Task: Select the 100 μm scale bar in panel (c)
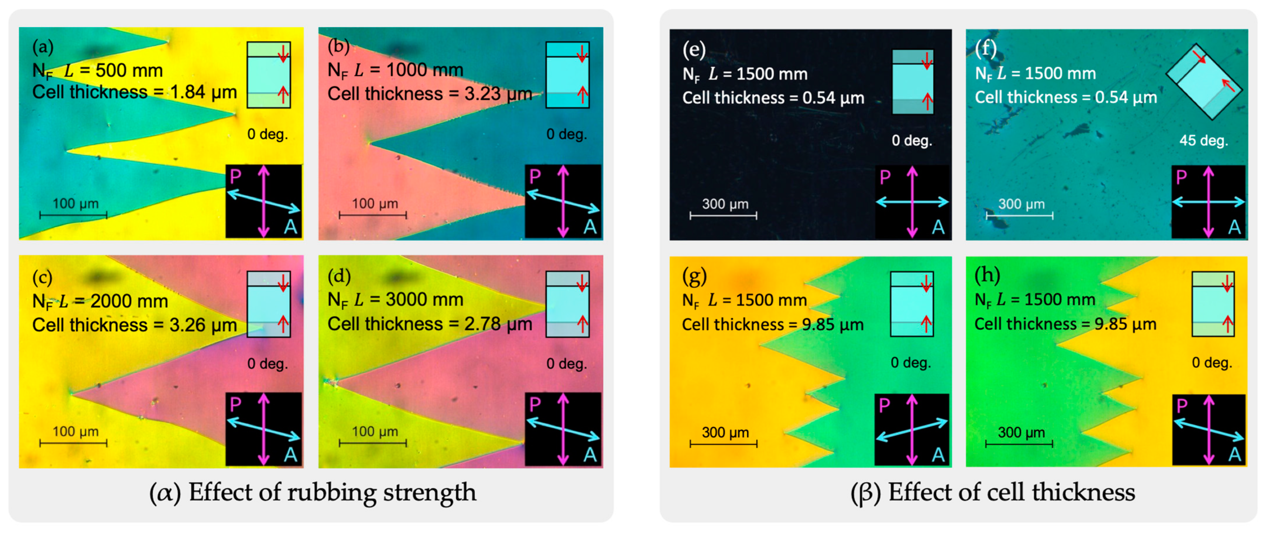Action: tap(73, 443)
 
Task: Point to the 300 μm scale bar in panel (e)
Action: tap(723, 215)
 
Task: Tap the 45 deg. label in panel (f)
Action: tap(1203, 141)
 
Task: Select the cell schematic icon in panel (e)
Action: tap(913, 82)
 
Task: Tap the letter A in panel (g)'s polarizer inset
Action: tap(938, 455)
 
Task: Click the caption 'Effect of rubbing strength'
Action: tap(332, 492)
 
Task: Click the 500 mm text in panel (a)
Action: tap(129, 71)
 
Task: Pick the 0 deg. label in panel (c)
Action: tap(267, 364)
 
